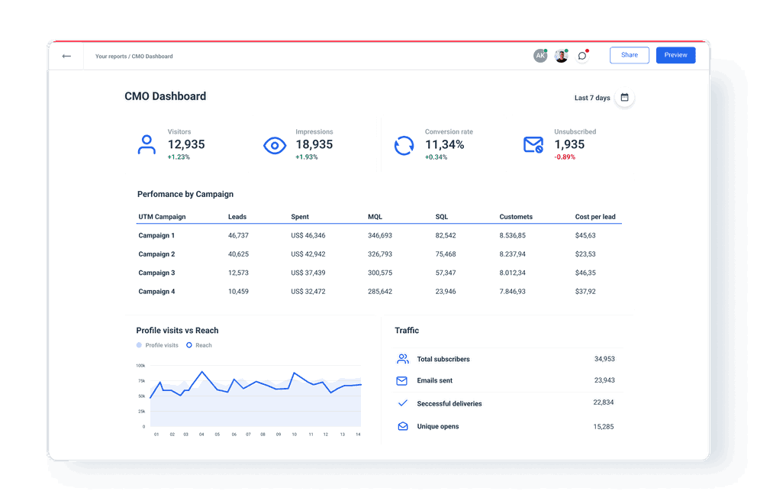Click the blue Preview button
[x=675, y=55]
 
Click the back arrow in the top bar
[x=66, y=56]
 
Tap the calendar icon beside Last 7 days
[x=624, y=98]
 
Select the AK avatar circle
[x=540, y=56]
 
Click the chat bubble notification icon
[x=582, y=56]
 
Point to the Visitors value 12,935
[x=186, y=144]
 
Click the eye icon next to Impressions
[x=275, y=145]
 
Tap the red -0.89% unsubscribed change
[x=565, y=157]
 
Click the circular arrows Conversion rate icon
[x=404, y=145]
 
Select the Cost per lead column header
[x=595, y=217]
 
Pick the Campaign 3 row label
[x=156, y=273]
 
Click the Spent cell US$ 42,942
[x=308, y=254]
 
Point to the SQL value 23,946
[x=446, y=292]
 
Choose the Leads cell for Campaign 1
[x=238, y=236]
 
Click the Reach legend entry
[x=200, y=345]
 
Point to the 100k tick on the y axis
[x=140, y=366]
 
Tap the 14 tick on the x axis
[x=357, y=435]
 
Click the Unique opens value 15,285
[x=603, y=427]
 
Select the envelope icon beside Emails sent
[x=402, y=380]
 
